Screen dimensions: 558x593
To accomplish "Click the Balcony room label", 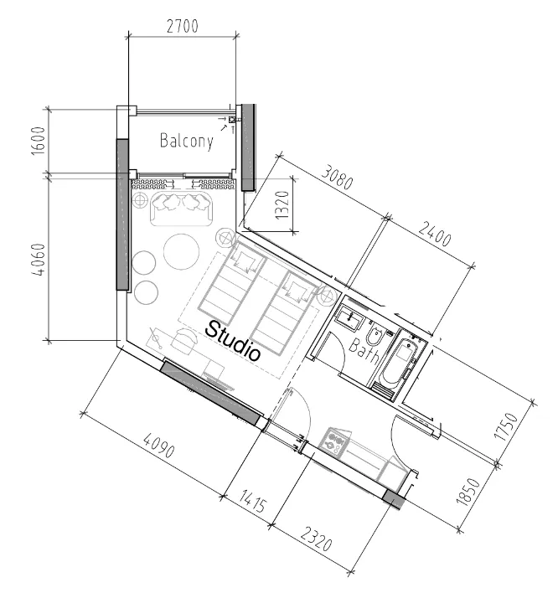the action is pos(187,141).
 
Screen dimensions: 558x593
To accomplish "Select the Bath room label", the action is pos(364,351).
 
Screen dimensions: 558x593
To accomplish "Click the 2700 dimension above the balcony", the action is pos(183,26).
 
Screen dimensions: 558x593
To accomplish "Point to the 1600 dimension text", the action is pos(39,141).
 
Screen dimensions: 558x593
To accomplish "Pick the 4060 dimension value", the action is pos(39,260).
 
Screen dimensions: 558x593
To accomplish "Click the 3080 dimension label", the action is pos(337,177).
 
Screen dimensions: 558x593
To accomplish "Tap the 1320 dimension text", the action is pos(282,204).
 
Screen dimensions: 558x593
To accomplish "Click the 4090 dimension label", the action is pos(159,446).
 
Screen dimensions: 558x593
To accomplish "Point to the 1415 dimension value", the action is pos(253,502).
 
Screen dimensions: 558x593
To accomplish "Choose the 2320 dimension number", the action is pos(317,539).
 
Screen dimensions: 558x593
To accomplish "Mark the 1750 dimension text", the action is pos(506,426).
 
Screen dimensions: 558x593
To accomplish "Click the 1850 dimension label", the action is pos(468,492).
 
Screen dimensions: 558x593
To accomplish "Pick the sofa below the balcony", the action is pos(182,209).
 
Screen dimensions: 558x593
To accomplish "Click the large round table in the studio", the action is pos(182,252).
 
